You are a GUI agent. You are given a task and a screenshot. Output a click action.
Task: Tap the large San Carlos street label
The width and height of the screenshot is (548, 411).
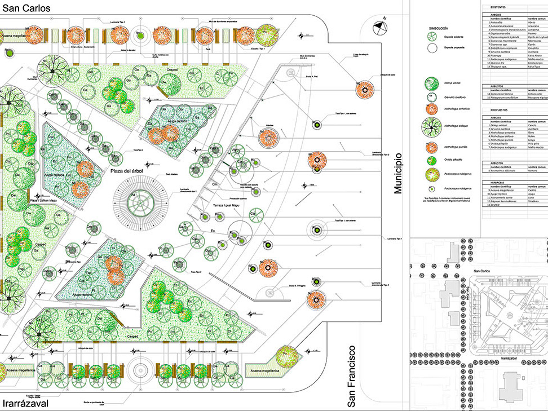click(26, 8)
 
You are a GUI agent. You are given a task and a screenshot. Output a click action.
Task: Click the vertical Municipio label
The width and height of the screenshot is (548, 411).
click(399, 173)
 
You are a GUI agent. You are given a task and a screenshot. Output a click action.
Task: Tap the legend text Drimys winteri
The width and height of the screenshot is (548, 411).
click(455, 82)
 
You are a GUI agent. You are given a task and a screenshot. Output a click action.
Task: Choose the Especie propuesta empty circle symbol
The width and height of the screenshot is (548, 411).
click(434, 48)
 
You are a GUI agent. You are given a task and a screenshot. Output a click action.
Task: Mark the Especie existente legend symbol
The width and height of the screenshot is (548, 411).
click(434, 36)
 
